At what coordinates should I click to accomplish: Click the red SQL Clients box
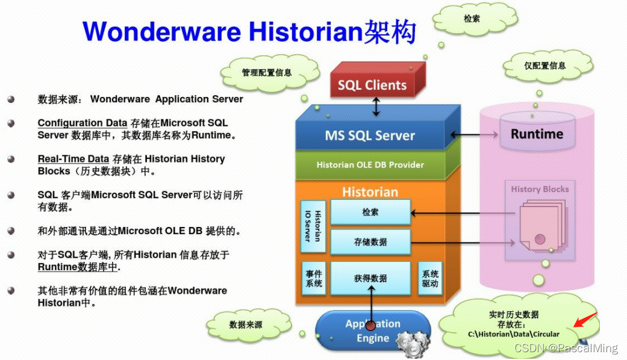point(372,85)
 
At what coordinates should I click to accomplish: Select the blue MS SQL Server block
point(370,135)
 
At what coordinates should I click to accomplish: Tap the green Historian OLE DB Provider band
point(370,164)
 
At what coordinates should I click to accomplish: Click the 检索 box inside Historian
point(370,212)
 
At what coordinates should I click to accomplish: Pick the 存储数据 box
point(370,242)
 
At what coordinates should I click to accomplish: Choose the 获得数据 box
point(370,278)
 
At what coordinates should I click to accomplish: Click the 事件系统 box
point(313,278)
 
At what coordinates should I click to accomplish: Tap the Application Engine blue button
point(372,331)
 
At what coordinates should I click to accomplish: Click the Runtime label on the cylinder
point(537,134)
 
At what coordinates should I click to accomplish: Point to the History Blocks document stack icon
point(540,225)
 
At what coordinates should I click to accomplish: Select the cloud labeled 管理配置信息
point(266,73)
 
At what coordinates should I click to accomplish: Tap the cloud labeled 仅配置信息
point(544,66)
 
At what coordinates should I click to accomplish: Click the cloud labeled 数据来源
point(245,324)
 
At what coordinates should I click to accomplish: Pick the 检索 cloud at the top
point(472,19)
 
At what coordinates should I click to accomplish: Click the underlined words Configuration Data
point(82,123)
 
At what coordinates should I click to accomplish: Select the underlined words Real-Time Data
point(73,159)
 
